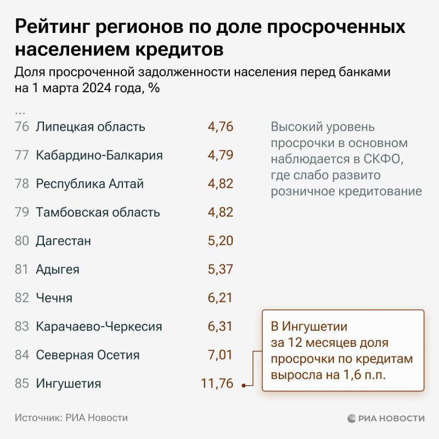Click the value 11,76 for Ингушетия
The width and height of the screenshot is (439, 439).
pos(217,384)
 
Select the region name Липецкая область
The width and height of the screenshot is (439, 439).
pos(91,127)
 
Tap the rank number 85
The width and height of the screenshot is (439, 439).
pos(22,384)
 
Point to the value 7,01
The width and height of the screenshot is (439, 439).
pos(220,355)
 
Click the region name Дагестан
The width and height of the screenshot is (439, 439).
pos(63,241)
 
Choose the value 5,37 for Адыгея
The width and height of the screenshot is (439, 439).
pos(220,269)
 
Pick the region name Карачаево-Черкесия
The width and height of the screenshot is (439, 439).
pos(99,327)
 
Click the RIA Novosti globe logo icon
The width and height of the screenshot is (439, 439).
pos(352,418)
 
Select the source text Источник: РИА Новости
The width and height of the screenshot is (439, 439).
pos(71,418)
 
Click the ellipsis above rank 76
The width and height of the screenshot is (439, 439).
pos(20,112)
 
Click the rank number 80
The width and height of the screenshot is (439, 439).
pos(22,241)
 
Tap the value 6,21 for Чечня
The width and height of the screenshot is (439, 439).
pos(220,298)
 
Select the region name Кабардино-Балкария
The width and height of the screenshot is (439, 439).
pos(99,155)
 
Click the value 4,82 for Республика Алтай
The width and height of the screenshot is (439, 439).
pos(220,184)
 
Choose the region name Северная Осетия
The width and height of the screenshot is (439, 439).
pos(88,355)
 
